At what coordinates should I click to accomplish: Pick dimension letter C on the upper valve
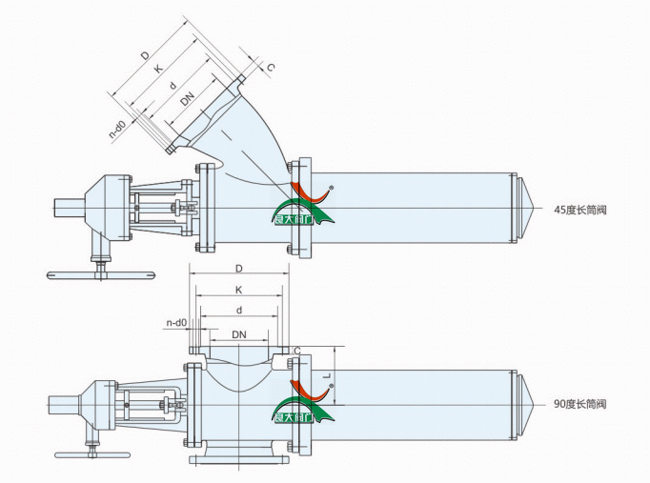(271, 68)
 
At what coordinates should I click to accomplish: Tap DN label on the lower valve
(239, 334)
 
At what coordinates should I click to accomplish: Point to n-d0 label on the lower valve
(175, 323)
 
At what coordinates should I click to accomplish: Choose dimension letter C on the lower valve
(297, 351)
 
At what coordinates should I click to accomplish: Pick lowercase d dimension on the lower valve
(238, 311)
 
